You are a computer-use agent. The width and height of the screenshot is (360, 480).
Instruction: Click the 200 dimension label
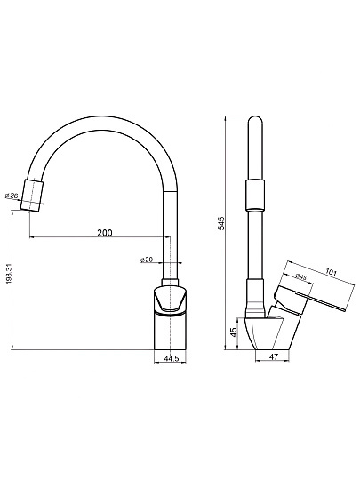click(x=105, y=233)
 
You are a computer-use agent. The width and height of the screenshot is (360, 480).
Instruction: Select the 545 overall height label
click(x=221, y=223)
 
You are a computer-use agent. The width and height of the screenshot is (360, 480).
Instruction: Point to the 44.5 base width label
click(x=172, y=359)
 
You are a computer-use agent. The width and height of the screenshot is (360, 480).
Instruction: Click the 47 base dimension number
click(x=274, y=357)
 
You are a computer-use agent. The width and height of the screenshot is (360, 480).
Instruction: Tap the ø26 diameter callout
click(x=12, y=196)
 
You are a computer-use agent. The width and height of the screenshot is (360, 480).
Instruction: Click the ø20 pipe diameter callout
click(x=147, y=260)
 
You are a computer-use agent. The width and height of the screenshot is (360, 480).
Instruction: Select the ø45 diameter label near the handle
click(x=301, y=276)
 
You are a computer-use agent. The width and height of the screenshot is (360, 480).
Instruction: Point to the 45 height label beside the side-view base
click(x=233, y=332)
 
